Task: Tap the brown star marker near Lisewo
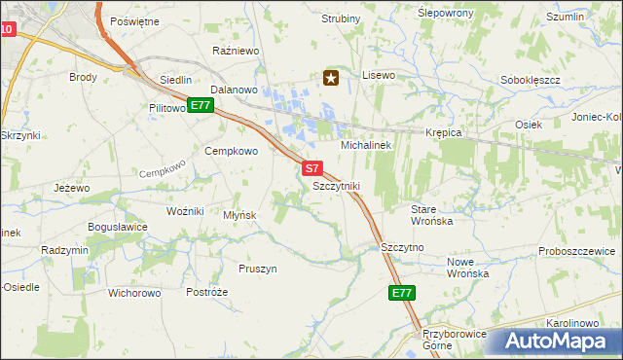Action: (x=331, y=78)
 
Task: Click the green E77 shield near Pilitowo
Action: (x=200, y=105)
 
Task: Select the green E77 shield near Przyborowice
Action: (x=402, y=293)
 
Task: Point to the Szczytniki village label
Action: (x=337, y=185)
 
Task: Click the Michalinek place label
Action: (x=365, y=144)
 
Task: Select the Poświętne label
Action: (x=134, y=20)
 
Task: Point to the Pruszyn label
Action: (x=258, y=268)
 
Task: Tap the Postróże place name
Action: (x=206, y=292)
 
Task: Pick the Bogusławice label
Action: (x=118, y=227)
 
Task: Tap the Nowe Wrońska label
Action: (x=467, y=268)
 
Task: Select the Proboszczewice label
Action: (x=575, y=251)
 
